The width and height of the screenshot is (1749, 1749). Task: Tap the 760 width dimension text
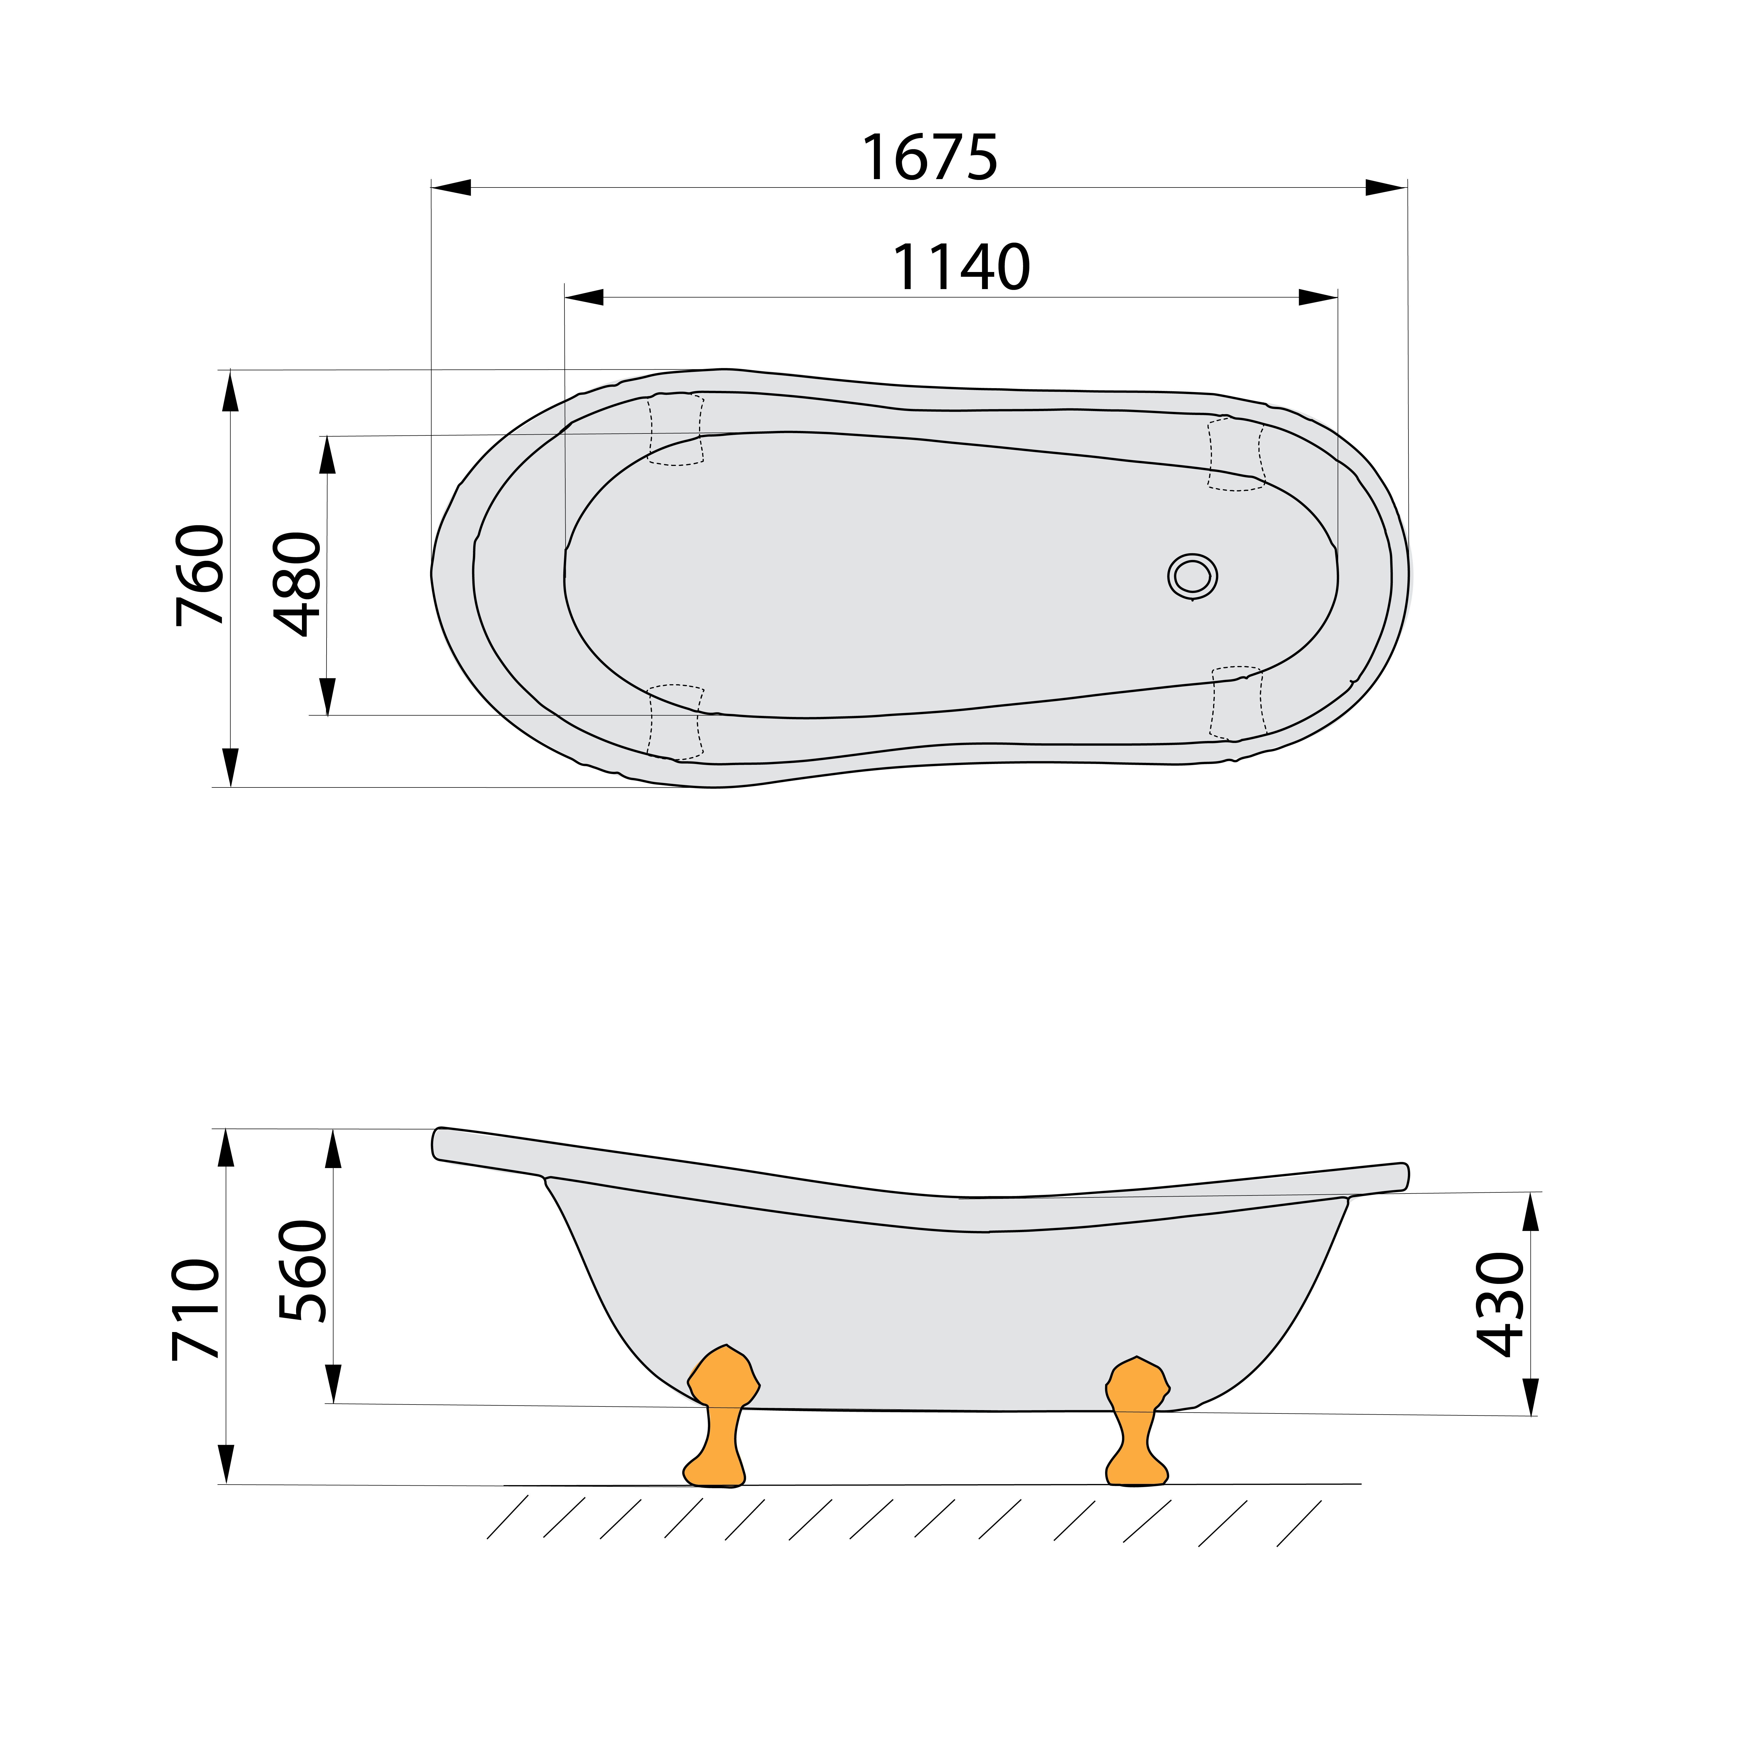click(200, 575)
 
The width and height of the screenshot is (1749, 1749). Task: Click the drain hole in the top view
click(1192, 576)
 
